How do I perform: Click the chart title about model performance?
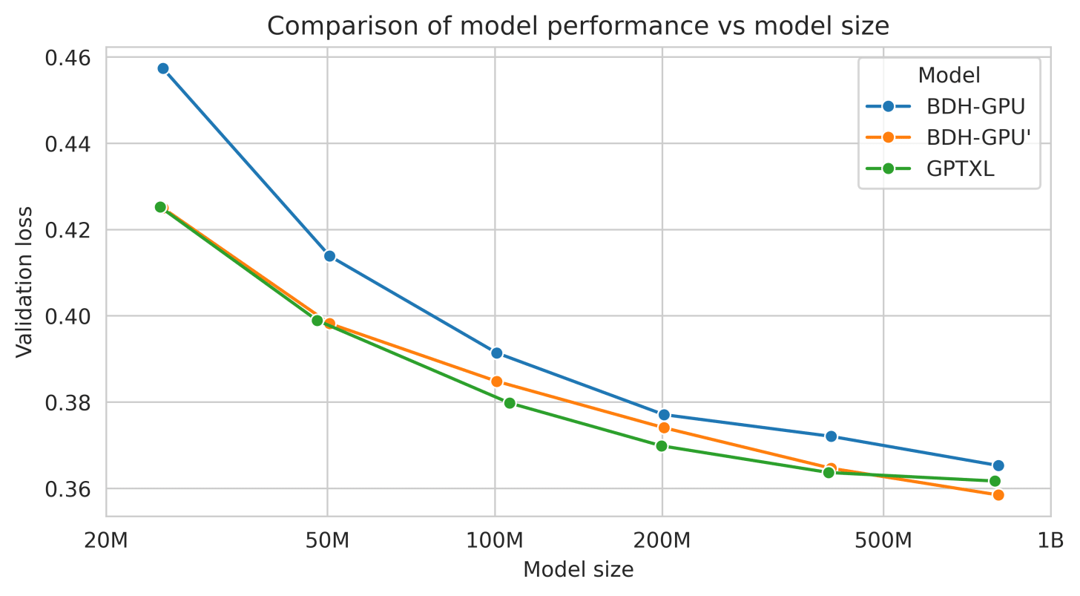coord(578,26)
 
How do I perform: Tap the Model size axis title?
coord(578,569)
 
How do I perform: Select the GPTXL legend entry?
coord(960,168)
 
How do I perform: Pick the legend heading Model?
coord(949,76)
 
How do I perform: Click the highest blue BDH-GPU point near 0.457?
coord(163,68)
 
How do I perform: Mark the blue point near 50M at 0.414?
coord(329,256)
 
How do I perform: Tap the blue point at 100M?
coord(497,353)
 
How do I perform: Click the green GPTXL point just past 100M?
coord(510,403)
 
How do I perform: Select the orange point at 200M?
coord(664,428)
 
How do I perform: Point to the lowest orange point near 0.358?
coord(998,495)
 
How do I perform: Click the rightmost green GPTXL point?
coord(995,481)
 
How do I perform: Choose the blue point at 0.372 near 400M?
coord(831,436)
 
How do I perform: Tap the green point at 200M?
coord(662,446)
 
